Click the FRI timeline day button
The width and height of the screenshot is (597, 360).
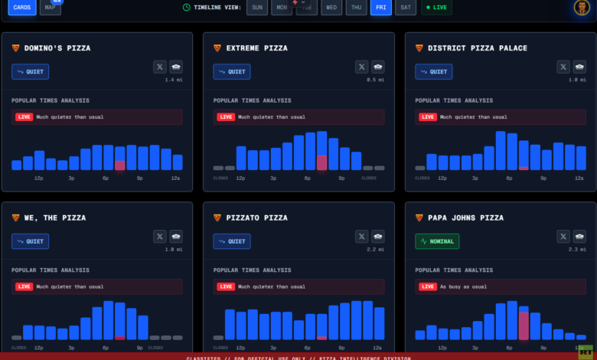tap(380, 7)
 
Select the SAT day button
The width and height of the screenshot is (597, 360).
tap(406, 7)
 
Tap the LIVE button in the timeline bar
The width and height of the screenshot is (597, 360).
tap(436, 7)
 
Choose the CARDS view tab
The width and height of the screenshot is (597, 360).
tap(22, 7)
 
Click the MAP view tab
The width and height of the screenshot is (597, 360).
tap(51, 7)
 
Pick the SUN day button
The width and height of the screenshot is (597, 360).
tap(258, 7)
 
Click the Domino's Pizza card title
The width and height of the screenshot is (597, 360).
tap(57, 48)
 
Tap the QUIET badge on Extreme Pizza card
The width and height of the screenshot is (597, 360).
tap(231, 71)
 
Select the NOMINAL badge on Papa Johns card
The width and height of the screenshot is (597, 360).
tap(436, 241)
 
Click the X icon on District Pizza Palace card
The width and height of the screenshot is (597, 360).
tap(563, 67)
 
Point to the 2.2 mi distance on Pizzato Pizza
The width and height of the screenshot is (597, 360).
tap(375, 249)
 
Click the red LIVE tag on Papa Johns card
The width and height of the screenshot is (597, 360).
tap(428, 286)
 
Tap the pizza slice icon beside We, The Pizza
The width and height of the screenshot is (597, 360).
tap(15, 218)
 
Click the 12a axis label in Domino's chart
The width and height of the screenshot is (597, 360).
tap(175, 178)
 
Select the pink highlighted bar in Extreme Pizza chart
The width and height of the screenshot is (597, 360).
tap(321, 162)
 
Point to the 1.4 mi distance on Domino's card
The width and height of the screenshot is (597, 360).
tap(174, 79)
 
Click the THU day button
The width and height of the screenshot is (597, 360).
tap(356, 7)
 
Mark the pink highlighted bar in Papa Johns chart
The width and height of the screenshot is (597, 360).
tap(524, 325)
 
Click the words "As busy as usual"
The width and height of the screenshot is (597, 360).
tap(464, 286)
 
